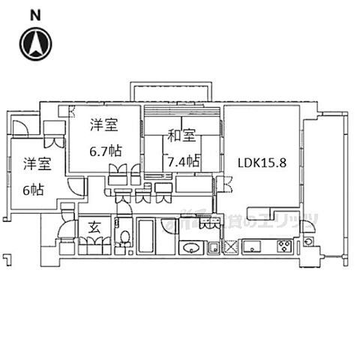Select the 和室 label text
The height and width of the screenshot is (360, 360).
coord(181,136)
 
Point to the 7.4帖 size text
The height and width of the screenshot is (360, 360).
coord(184,160)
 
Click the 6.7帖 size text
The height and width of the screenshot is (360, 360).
coord(105,151)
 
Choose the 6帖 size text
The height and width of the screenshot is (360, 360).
coord(32,190)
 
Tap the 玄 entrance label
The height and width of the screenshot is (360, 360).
coord(95,227)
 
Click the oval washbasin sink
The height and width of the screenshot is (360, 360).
coord(193,249)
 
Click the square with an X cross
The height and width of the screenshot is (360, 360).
coord(230,247)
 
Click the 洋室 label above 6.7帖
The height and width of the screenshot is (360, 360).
coord(105,124)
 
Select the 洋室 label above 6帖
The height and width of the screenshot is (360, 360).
coord(35,164)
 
